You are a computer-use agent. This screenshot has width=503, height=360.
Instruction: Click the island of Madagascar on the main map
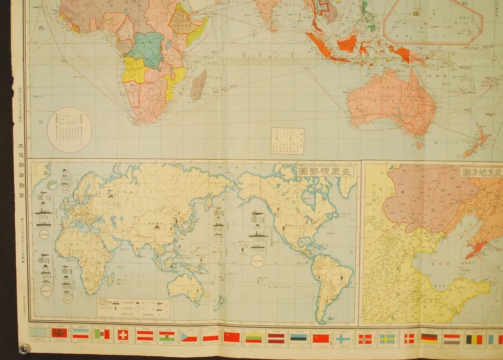pos(198,85)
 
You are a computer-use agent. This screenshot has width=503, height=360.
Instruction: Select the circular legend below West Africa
pos(69,129)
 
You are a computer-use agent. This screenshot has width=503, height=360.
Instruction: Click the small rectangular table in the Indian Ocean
pos(287,140)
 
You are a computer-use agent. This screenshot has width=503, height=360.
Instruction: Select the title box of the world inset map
pos(325,171)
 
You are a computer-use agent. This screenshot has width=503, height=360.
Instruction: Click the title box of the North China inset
pos(480,171)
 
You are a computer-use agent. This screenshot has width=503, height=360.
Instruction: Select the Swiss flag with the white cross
pos(123,335)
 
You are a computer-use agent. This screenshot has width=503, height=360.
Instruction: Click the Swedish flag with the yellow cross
pos(387,339)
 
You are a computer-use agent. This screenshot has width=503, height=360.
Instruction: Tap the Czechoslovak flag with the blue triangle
pos(188,336)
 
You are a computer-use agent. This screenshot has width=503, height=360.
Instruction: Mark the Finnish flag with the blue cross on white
pos(343,339)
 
